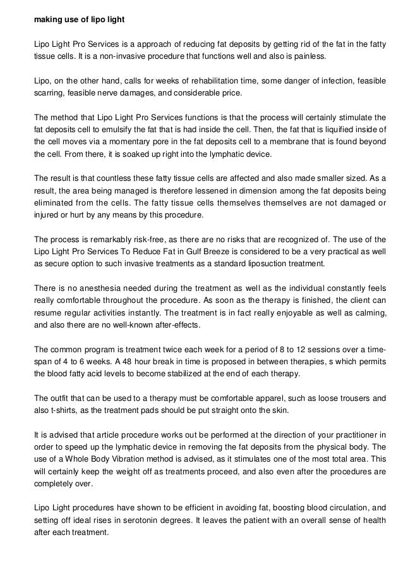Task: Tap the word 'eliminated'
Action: [x=54, y=202]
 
